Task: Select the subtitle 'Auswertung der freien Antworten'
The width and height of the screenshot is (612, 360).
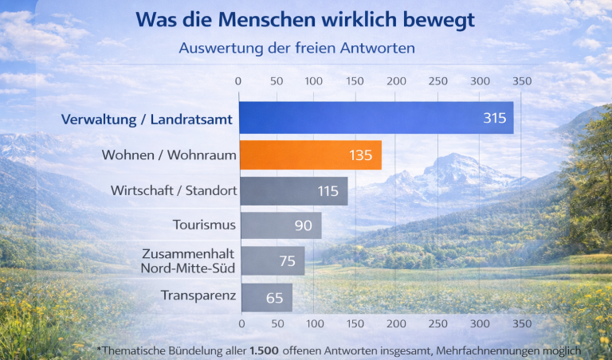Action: (296, 49)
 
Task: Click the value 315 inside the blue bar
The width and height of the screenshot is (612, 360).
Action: (494, 118)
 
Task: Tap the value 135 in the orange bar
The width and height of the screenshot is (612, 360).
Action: (360, 155)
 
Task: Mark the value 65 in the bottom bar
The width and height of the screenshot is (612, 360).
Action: (273, 298)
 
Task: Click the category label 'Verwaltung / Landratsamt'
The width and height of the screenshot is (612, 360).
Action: (147, 120)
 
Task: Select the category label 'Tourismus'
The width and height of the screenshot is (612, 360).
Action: (204, 225)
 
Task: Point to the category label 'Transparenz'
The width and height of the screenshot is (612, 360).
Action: (198, 296)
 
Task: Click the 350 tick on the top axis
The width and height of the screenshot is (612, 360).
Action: (521, 81)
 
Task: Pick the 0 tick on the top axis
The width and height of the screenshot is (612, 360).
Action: (238, 81)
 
